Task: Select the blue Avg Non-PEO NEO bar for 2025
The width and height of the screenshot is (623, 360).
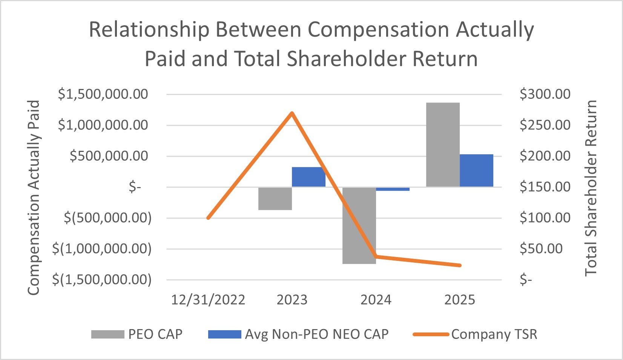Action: pyautogui.click(x=476, y=170)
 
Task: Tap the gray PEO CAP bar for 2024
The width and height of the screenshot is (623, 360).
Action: pyautogui.click(x=359, y=225)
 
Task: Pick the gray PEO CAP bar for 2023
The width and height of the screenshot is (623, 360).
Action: pyautogui.click(x=275, y=199)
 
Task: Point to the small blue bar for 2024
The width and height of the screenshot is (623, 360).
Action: pyautogui.click(x=393, y=189)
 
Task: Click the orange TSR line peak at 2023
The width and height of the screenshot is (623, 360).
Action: pyautogui.click(x=292, y=113)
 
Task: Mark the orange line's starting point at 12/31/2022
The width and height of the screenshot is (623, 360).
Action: pyautogui.click(x=208, y=218)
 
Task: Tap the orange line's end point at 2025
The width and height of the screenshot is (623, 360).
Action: pyautogui.click(x=460, y=265)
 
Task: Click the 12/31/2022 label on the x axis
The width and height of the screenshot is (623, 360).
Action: pyautogui.click(x=208, y=300)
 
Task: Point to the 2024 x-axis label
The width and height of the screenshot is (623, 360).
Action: pyautogui.click(x=376, y=300)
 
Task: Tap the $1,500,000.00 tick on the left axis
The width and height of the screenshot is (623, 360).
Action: pyautogui.click(x=103, y=94)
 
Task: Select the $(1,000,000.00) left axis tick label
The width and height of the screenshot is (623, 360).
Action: pyautogui.click(x=102, y=249)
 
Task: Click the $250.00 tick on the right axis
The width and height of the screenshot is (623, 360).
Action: pyautogui.click(x=545, y=125)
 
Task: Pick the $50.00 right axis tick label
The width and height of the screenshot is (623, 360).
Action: pyautogui.click(x=541, y=249)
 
